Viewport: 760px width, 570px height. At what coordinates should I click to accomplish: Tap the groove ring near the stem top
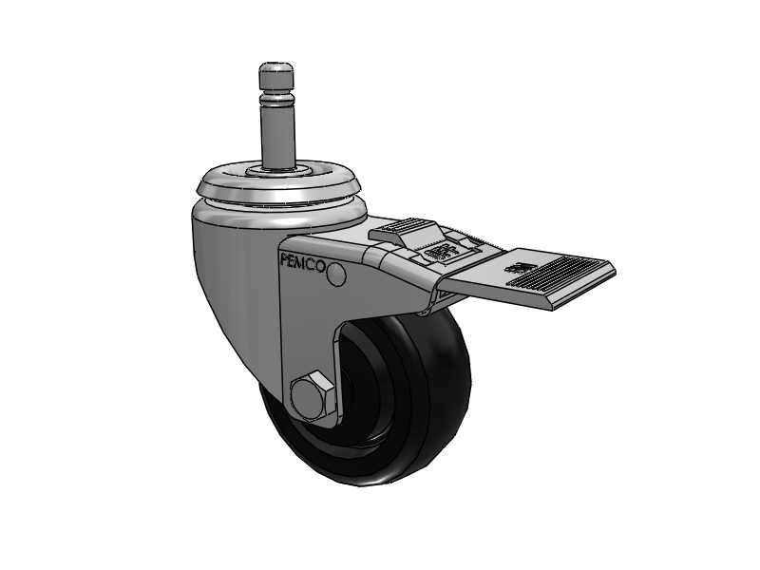point(275,95)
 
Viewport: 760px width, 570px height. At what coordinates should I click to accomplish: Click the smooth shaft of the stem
point(275,133)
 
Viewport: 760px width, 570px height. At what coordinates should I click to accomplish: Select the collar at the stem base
point(275,171)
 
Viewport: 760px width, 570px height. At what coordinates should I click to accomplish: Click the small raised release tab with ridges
point(403,231)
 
